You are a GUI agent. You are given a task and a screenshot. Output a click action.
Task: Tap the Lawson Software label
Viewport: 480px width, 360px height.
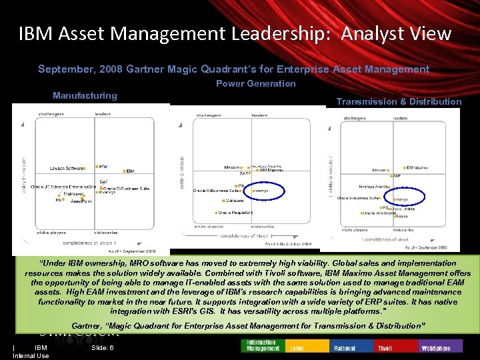67,167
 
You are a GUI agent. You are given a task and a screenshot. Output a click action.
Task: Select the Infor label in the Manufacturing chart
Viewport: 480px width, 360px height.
103,166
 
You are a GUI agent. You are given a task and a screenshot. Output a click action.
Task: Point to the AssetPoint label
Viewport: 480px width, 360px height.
81,200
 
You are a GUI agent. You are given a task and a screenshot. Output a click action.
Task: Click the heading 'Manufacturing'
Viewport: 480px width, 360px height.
85,95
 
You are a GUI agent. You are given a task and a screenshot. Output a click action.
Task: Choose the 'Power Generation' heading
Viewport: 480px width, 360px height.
255,83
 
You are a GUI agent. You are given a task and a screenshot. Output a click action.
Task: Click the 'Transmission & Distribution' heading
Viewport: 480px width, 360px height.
399,101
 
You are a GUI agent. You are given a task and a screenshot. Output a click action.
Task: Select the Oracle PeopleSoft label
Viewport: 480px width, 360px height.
235,212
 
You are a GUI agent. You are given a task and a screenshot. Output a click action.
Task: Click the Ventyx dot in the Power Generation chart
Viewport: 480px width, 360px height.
253,191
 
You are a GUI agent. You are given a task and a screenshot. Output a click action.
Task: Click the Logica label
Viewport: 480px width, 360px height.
401,216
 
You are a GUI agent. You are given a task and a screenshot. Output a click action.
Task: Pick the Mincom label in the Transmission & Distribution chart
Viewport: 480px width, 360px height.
379,170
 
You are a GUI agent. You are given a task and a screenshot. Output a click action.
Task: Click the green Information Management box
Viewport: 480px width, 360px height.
261,345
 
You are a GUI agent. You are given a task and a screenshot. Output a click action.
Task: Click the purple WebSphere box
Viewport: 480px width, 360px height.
437,348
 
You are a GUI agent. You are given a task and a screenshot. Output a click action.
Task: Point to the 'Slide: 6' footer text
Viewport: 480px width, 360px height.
103,347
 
